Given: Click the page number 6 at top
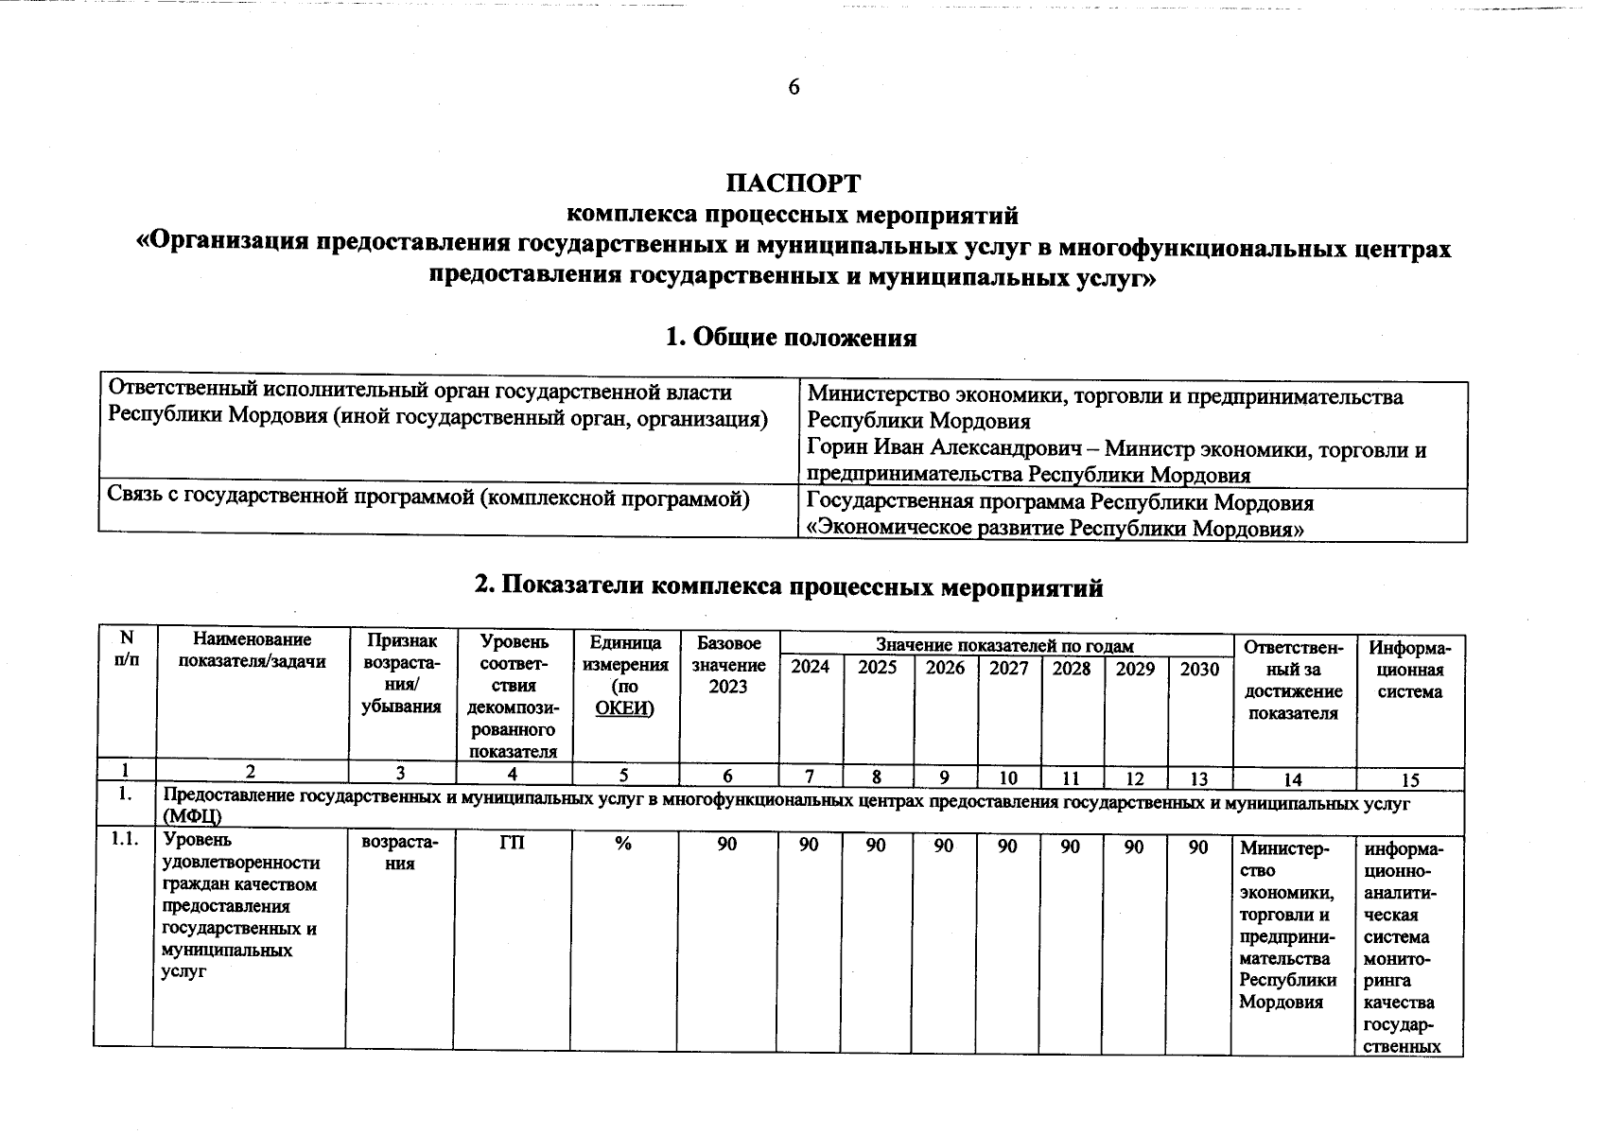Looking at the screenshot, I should [794, 88].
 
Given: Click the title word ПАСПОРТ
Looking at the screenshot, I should [794, 183].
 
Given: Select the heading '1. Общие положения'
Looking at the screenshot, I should [791, 338].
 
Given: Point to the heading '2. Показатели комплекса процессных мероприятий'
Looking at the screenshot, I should [789, 587].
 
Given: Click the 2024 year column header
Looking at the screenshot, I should [810, 668].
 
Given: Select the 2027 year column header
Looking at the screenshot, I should [1008, 668].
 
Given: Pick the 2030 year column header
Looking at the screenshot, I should [1199, 668].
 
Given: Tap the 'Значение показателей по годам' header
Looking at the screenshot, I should [1003, 646].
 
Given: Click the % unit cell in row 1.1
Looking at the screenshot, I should [622, 845].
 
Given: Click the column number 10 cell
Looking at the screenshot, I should [1008, 778].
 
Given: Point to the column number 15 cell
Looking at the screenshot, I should [1409, 779].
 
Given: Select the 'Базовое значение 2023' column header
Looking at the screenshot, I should [727, 665].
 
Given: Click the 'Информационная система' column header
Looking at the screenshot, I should [1409, 670].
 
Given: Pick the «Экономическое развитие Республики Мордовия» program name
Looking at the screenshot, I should [1055, 529].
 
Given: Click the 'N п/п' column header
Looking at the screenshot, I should [126, 650].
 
